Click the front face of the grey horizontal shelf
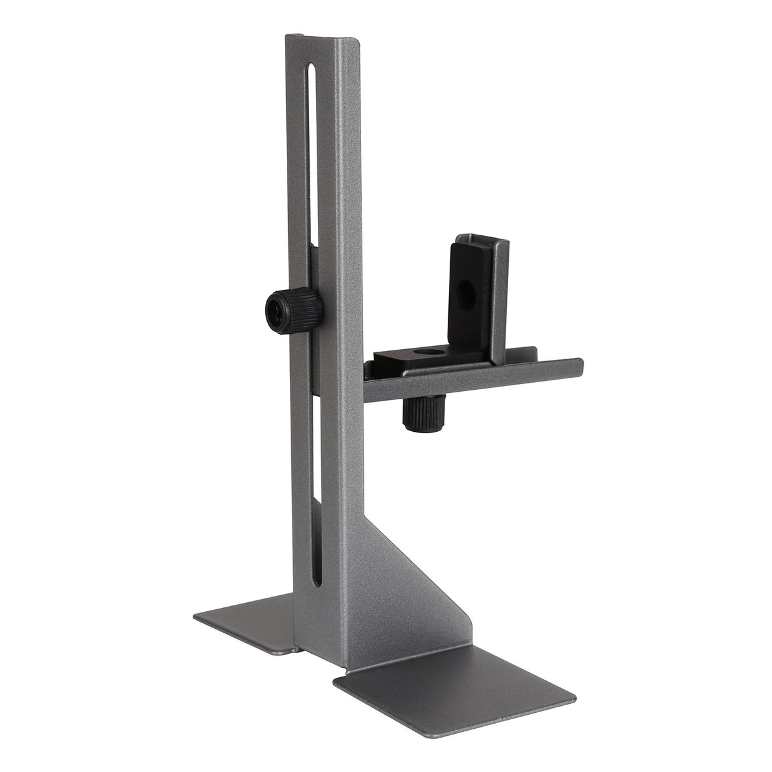tap(471, 382)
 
